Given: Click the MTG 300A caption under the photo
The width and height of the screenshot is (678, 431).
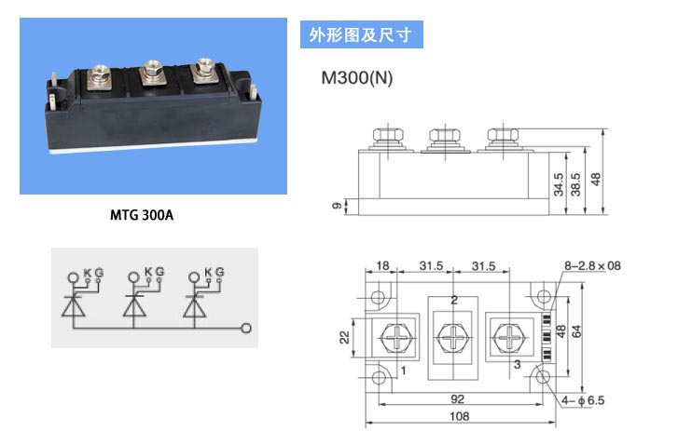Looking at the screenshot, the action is coord(142,215).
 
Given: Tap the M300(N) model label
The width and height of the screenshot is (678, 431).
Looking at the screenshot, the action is coord(357,77).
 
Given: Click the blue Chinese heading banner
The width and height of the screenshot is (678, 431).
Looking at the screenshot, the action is coord(362,34).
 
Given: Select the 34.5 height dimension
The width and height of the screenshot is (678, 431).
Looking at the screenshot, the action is coord(559,184).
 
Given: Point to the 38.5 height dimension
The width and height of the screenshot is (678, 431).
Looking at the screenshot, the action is coord(575,184).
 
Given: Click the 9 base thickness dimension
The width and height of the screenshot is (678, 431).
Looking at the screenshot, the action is coord(337,206).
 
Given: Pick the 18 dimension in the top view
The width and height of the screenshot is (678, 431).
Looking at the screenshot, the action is coord(382,265).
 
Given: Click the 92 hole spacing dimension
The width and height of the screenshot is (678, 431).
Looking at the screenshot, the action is coord(458,399).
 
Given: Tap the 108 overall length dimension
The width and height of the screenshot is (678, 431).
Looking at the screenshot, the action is coord(459,416).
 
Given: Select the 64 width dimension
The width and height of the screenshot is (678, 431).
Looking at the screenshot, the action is coord(577,331).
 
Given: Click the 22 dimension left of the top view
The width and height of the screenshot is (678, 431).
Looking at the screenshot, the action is coord(344,337).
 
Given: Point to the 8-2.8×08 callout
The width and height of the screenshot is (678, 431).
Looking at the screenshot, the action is coord(592,265).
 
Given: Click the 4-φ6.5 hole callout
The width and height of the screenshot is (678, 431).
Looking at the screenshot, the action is coord(583,400).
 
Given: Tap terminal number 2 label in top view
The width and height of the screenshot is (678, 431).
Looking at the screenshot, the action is coord(454,300).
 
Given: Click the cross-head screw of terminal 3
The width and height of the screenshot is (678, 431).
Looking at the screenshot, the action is coord(509,337).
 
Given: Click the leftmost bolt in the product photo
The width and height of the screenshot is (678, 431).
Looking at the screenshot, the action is coord(99,76).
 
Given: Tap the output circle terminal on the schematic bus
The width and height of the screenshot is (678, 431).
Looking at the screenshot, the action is coord(246,329).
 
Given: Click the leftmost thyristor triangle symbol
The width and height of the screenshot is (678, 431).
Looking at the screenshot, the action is coord(73,307).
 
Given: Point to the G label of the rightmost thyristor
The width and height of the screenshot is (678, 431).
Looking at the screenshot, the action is coord(220,272).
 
